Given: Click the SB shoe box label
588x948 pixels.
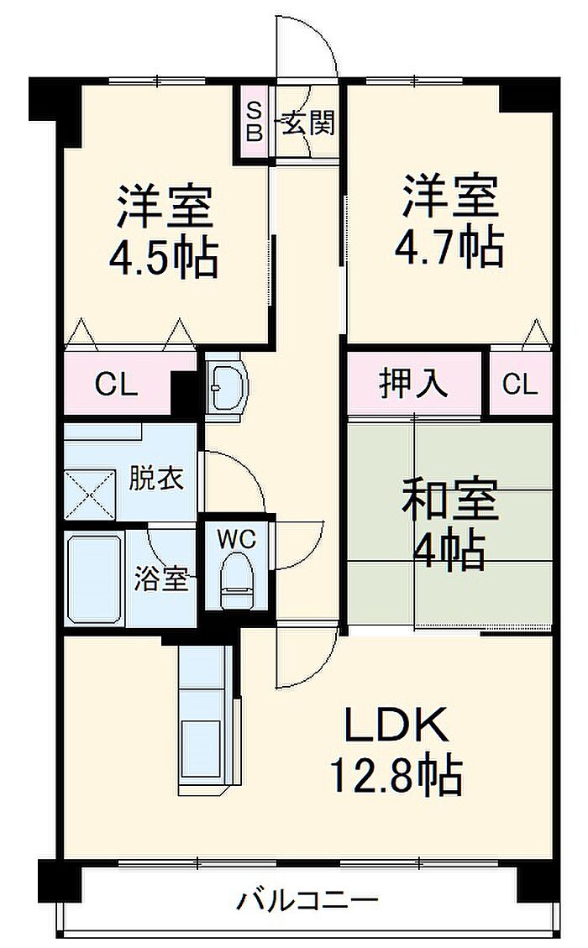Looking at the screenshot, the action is pos(255,122).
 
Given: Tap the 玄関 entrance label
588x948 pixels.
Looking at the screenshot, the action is pos(308,124).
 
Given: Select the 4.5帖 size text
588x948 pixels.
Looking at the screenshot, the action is pos(163,258).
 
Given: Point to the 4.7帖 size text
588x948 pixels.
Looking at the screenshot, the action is pos(449,248).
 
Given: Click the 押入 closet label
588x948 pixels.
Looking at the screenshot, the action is pos(414,383).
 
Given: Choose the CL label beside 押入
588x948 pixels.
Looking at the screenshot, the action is pos(520,384).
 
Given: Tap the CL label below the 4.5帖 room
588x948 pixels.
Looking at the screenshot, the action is pos(117,385).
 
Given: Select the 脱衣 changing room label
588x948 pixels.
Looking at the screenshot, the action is pos(156,479).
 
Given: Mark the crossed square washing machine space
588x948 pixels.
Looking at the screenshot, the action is pos(90,495).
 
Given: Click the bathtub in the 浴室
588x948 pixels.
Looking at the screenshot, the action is pos(94,578).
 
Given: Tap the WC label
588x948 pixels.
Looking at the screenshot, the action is pos(237,538).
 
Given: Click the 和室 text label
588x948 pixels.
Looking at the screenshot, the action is pos(450,499).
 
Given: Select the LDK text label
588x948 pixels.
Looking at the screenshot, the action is pos(396,725).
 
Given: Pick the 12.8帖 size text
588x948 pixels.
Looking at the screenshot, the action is pos(396,774).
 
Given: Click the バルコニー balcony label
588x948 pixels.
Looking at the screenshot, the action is pos(307,901).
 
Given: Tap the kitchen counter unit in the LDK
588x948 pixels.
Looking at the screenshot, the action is pos(209,716).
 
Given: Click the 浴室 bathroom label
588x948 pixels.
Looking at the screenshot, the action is pos(161,579).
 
